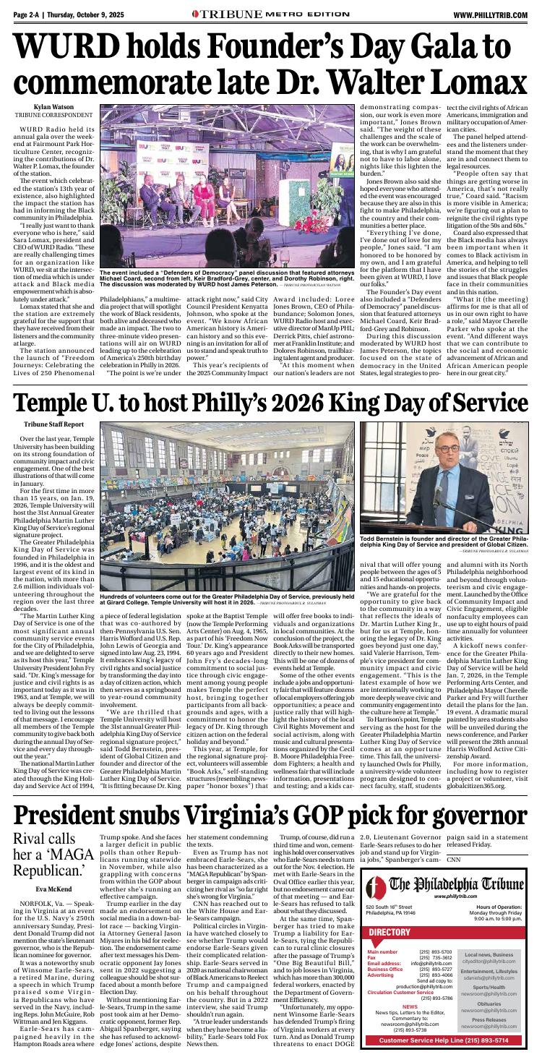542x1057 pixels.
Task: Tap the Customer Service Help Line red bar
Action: click(x=448, y=1040)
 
